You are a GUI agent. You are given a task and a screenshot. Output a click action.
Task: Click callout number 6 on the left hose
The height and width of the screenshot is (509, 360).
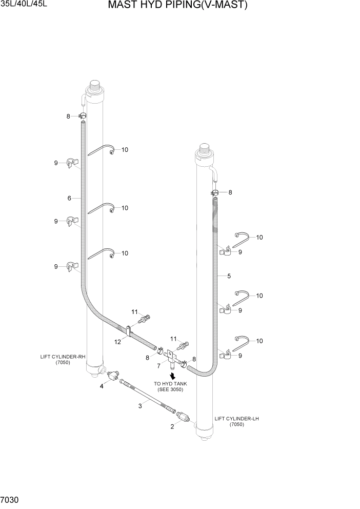coord(68,198)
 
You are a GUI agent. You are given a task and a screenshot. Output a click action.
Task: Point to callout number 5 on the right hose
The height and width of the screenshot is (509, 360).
coord(229,276)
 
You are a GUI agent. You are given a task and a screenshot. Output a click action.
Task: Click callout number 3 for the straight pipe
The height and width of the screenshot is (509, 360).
coord(139,406)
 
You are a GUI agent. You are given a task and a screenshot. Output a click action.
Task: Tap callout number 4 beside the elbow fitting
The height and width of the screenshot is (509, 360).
coord(102,386)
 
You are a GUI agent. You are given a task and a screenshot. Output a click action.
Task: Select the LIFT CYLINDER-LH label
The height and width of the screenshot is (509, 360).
coord(236,421)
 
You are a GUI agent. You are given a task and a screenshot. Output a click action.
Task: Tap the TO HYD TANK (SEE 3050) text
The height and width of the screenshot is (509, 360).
coord(168,386)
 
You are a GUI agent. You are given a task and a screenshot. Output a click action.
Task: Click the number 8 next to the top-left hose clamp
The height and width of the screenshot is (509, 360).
coord(68,116)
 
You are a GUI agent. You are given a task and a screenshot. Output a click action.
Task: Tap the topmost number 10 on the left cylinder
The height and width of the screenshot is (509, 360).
coord(124,150)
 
